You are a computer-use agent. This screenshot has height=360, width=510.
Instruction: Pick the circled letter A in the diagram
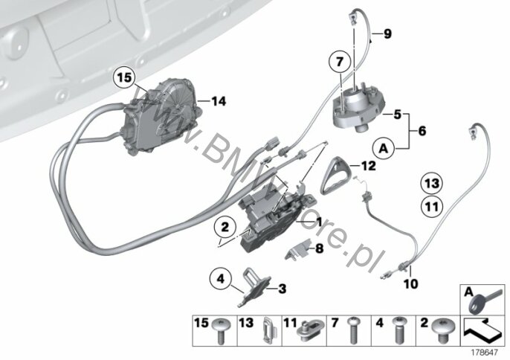coord(384,149)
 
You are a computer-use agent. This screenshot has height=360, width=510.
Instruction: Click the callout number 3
coord(282,287)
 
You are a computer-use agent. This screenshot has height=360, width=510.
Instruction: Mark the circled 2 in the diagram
coord(220,225)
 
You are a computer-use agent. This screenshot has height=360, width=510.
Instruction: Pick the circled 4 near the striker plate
coord(219,280)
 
